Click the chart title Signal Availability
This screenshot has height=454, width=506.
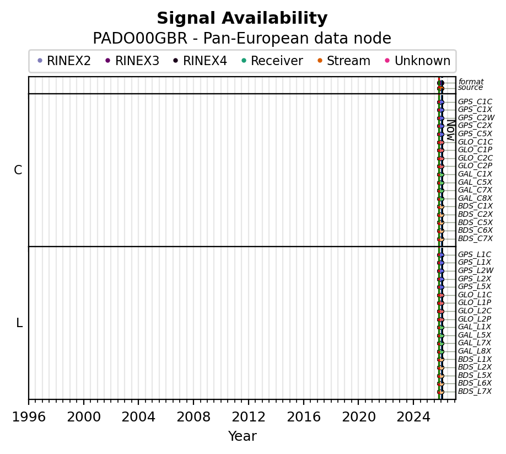[242, 19]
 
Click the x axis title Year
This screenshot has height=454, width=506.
[242, 436]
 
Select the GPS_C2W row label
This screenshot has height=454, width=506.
[476, 117]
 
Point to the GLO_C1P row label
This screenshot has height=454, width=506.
[475, 149]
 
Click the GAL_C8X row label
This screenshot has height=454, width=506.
[475, 198]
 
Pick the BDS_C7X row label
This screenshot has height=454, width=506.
[475, 238]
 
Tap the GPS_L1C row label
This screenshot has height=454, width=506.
[475, 254]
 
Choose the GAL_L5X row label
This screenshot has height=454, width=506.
[474, 335]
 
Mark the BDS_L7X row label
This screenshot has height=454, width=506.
[474, 391]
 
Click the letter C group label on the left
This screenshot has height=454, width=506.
[18, 170]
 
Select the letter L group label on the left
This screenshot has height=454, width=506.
[19, 323]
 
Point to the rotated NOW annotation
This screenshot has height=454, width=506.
[450, 130]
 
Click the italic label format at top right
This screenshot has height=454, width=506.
[471, 82]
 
